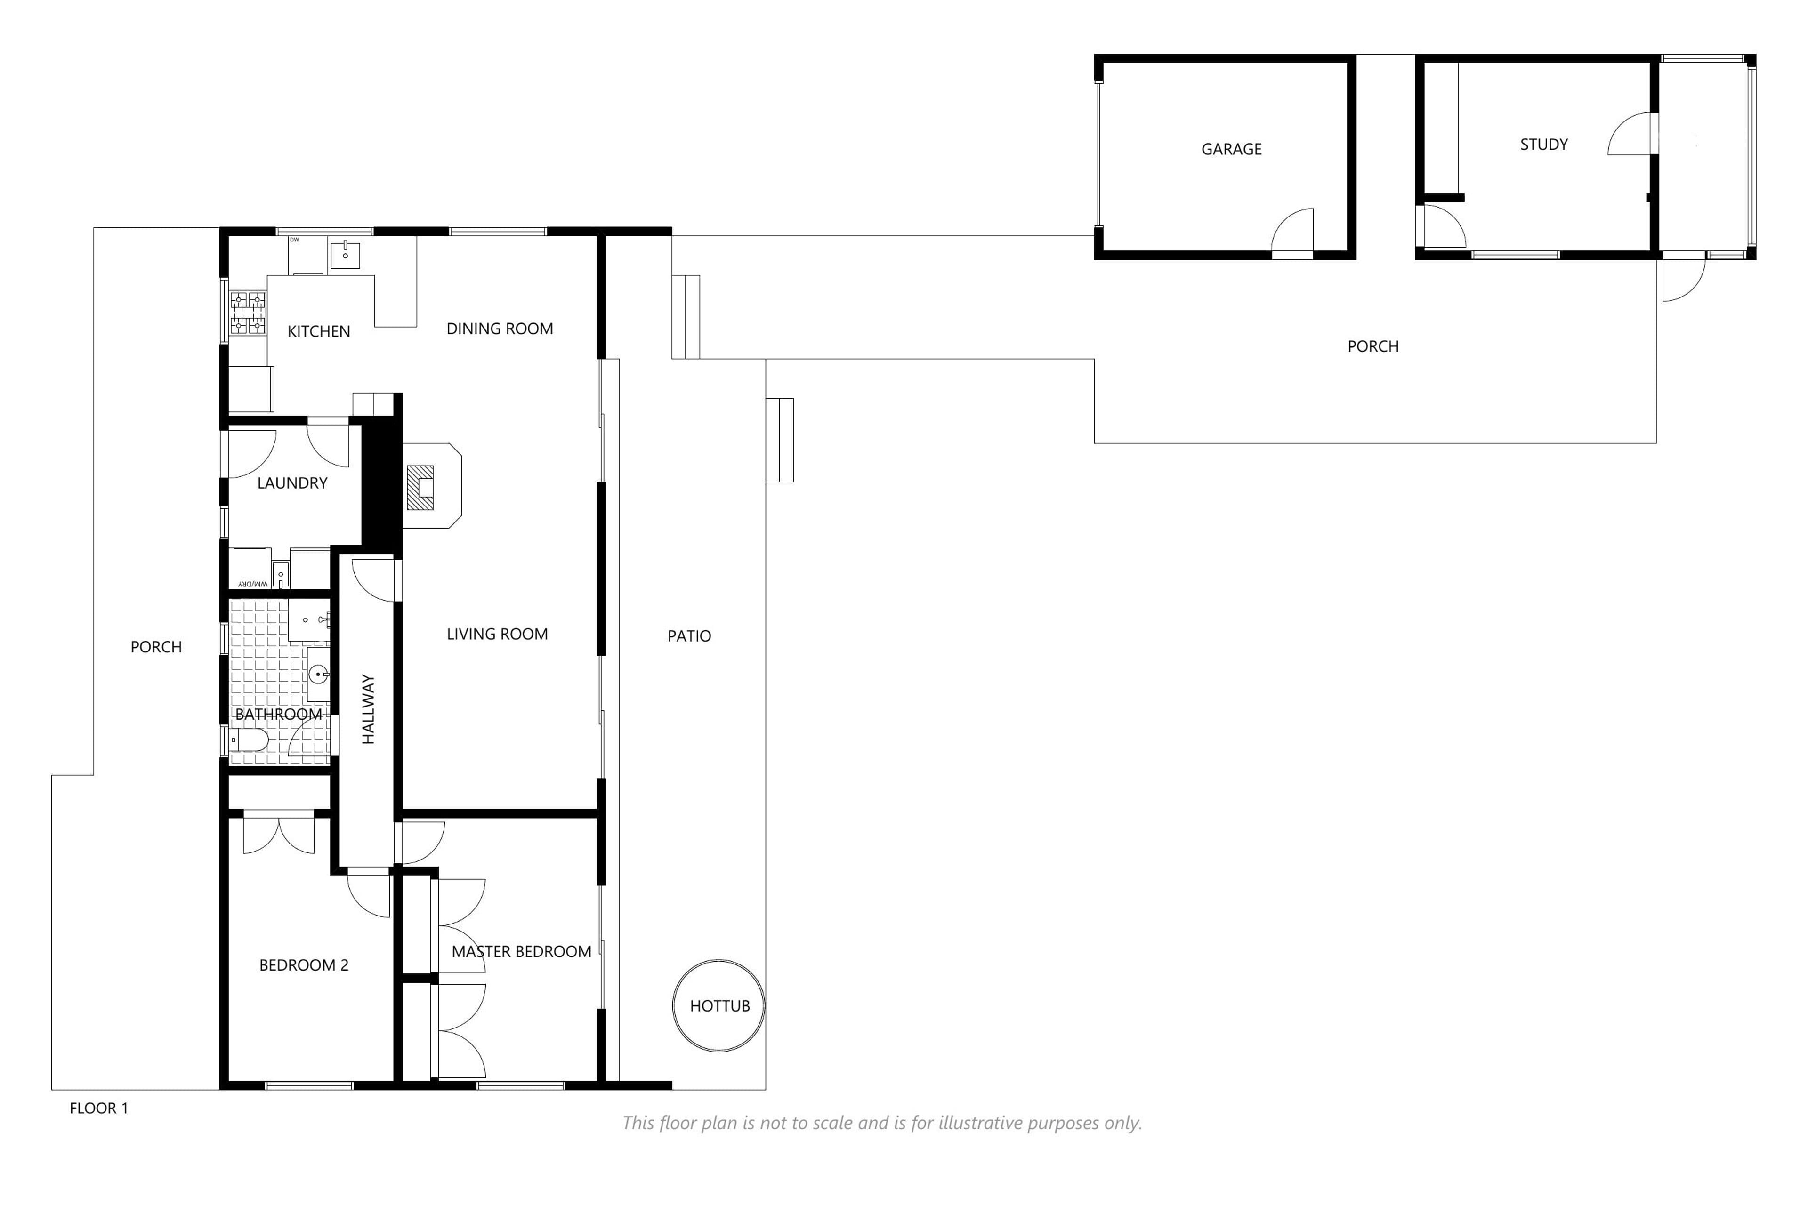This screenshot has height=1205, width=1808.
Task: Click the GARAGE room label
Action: pyautogui.click(x=1232, y=149)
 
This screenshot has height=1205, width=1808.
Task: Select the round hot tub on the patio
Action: pyautogui.click(x=719, y=1005)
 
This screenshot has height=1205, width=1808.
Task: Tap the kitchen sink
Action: pyautogui.click(x=345, y=255)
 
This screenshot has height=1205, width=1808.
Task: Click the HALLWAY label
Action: pyautogui.click(x=368, y=709)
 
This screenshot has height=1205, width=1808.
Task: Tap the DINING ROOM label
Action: pyautogui.click(x=500, y=329)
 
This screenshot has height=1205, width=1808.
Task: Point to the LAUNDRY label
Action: pyautogui.click(x=292, y=483)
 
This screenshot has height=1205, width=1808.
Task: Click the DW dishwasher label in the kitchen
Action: pyautogui.click(x=294, y=240)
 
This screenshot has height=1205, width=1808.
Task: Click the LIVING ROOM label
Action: pyautogui.click(x=497, y=634)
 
